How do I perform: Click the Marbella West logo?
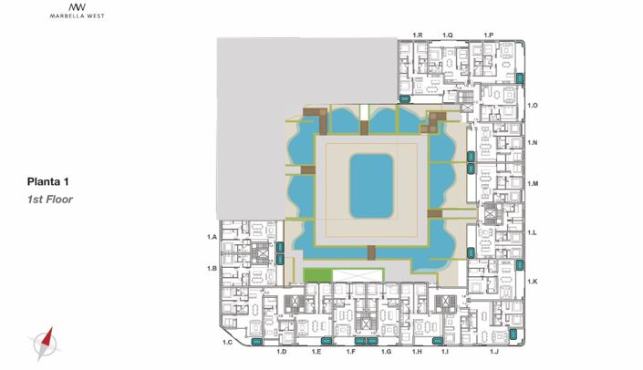[x=78, y=11]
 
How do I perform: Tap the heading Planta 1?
[x=47, y=181]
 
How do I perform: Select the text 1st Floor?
[x=49, y=200]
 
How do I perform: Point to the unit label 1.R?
[x=418, y=36]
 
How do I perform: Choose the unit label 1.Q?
[x=448, y=36]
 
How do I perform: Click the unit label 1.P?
[x=488, y=36]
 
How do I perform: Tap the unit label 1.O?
[x=533, y=106]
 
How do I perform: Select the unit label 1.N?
[x=533, y=142]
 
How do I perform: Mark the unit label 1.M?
[x=533, y=183]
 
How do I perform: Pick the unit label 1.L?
[x=532, y=232]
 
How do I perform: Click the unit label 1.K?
[x=533, y=282]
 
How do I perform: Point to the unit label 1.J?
[x=493, y=352]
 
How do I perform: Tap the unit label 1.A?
[x=212, y=237]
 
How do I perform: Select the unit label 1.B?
[x=212, y=268]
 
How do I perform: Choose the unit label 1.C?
[x=227, y=343]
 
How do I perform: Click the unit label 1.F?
[x=350, y=352]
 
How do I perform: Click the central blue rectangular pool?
[x=371, y=186]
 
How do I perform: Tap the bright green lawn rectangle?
[x=317, y=275]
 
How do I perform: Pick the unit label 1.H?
[x=417, y=352]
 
